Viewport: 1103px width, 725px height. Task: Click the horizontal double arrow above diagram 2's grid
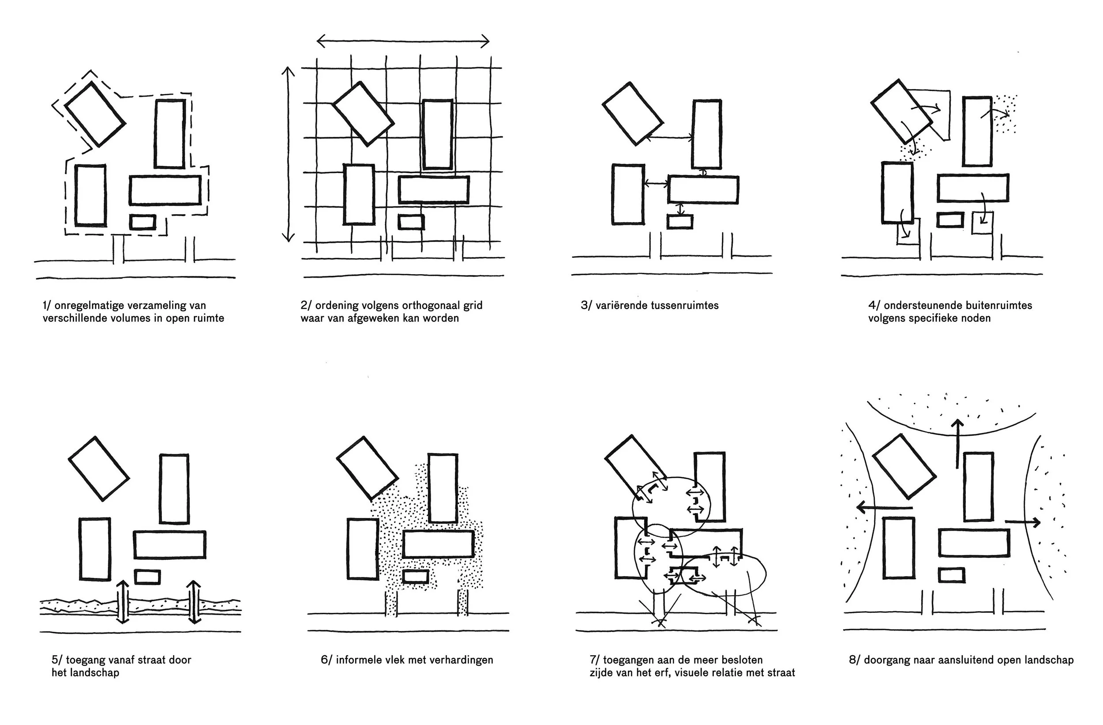(403, 41)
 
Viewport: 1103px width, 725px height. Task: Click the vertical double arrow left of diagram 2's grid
(288, 155)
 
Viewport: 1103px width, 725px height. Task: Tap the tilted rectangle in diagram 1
(94, 114)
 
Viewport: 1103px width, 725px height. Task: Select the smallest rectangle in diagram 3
(680, 222)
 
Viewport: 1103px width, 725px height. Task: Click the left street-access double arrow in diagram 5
(123, 601)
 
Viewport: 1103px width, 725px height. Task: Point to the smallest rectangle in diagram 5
(147, 577)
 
